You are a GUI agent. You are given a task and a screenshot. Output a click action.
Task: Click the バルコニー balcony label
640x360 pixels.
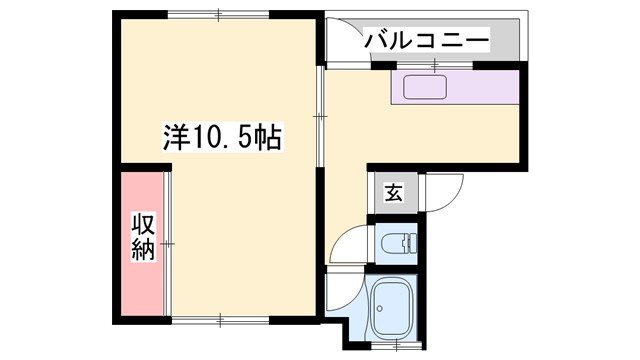pyautogui.click(x=426, y=41)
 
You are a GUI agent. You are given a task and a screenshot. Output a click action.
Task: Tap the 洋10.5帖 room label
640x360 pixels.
pyautogui.click(x=221, y=137)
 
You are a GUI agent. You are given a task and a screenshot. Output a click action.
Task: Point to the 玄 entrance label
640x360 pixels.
pyautogui.click(x=394, y=193)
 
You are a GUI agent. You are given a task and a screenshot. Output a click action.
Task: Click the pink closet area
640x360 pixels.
pyautogui.click(x=143, y=245)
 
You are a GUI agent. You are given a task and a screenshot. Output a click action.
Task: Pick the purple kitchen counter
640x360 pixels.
pyautogui.click(x=455, y=87)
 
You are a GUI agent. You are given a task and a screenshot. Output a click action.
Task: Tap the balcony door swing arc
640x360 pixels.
pyautogui.click(x=345, y=45)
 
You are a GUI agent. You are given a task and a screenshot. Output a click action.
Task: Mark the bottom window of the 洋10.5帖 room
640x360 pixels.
pyautogui.click(x=219, y=319)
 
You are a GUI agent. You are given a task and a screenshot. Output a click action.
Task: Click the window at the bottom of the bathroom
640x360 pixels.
pyautogui.click(x=397, y=344)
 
